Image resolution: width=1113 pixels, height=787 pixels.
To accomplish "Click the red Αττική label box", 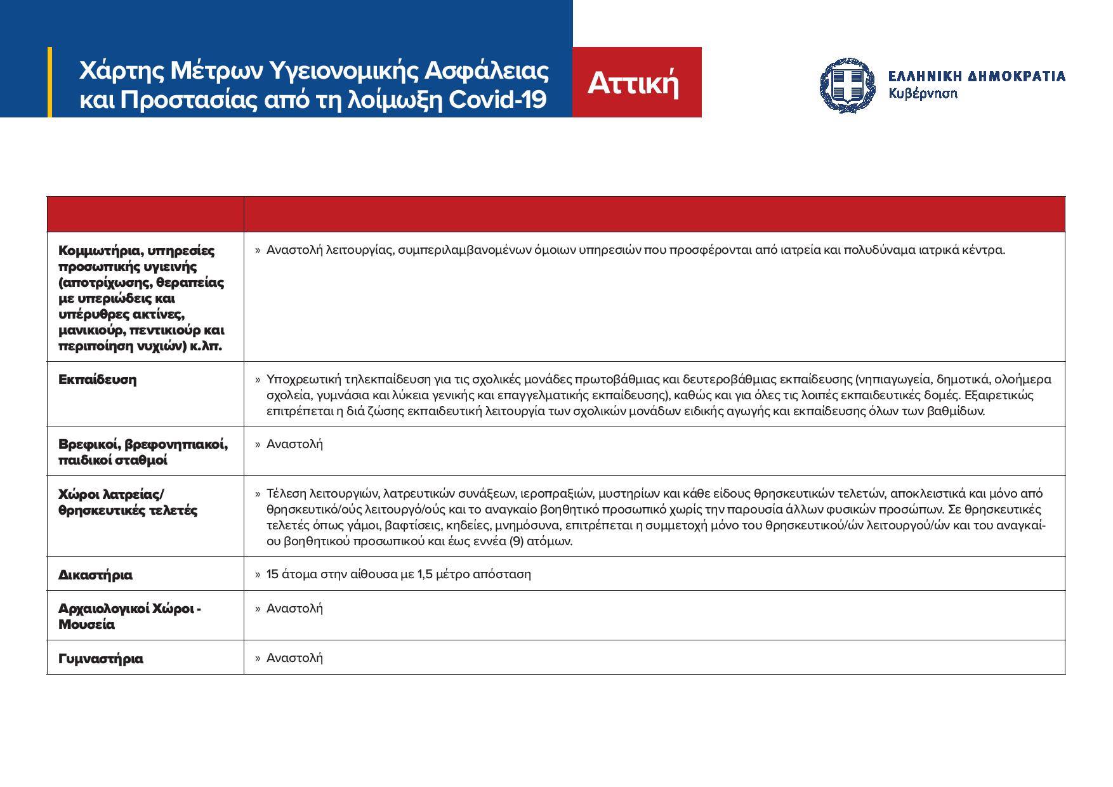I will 636,83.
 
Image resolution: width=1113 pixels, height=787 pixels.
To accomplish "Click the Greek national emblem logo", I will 847,84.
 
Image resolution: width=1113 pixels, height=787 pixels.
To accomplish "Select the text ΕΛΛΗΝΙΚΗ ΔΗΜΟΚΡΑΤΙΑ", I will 976,76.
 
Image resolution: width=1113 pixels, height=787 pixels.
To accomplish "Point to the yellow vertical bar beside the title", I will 50,82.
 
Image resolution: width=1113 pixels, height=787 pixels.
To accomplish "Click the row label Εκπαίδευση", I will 97,380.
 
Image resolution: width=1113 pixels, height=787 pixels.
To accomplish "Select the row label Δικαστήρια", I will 95,575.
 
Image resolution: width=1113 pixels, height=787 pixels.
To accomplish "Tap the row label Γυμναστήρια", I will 100,659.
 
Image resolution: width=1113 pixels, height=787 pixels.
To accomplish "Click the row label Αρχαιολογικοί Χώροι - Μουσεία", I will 129,616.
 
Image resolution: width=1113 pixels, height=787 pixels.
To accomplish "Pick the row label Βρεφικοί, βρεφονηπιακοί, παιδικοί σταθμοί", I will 142,452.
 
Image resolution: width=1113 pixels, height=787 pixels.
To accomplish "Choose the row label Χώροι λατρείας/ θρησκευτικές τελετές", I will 128,502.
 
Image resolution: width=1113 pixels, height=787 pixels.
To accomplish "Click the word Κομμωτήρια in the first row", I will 96,251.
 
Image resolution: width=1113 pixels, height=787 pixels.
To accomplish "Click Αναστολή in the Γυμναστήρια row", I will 294,658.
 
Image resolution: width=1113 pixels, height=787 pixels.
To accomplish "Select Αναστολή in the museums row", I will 294,608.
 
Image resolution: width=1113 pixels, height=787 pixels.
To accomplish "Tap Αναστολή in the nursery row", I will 294,444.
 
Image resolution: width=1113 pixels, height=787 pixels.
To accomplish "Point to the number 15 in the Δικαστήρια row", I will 273,574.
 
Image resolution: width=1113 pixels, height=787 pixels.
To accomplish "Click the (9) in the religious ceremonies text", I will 518,541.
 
